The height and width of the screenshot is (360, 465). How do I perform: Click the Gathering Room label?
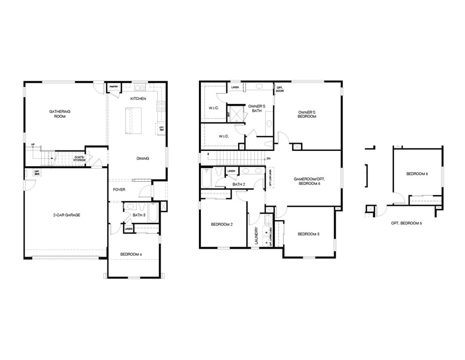[59, 114]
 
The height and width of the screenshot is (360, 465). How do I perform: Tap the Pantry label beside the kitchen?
[113, 87]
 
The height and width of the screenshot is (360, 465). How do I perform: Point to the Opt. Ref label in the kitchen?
[161, 129]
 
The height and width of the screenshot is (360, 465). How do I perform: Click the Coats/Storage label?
[79, 159]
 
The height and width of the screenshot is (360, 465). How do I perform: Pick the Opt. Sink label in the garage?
[37, 173]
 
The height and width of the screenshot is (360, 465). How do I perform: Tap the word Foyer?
[119, 190]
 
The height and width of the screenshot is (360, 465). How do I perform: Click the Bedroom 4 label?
[131, 254]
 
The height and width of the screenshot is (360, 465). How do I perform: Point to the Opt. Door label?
[280, 90]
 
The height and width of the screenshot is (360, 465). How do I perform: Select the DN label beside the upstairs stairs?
[268, 159]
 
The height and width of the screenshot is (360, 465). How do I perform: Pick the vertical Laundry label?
[256, 235]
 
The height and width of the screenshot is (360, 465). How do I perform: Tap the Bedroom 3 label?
[308, 234]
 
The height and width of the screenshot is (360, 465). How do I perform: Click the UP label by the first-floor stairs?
[33, 145]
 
